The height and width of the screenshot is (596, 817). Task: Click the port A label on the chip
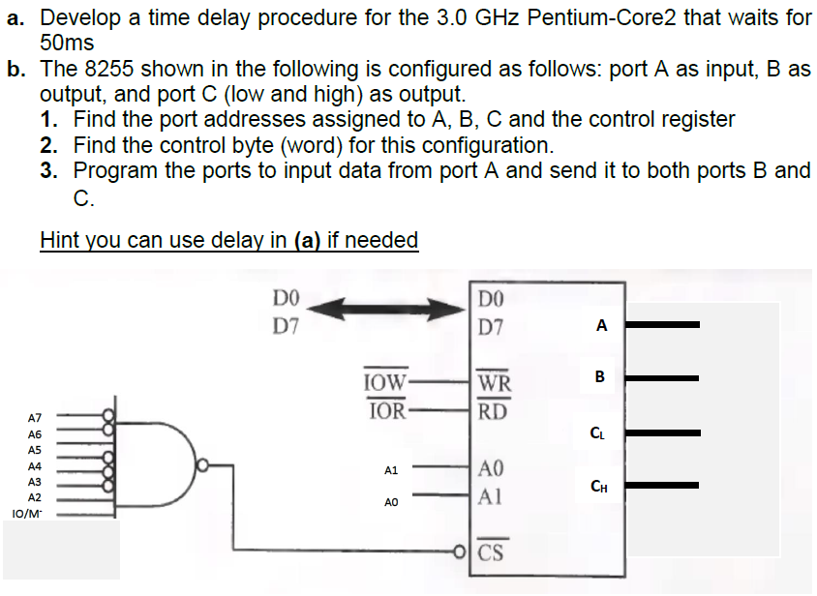[x=601, y=326]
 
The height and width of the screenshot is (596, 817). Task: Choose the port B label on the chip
[x=600, y=376]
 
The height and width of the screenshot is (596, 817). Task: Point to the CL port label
[x=601, y=432]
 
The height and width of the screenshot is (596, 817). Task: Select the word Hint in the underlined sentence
[x=61, y=239]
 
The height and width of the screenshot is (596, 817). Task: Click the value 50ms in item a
[x=67, y=43]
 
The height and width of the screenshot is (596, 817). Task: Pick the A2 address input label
[x=34, y=497]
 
